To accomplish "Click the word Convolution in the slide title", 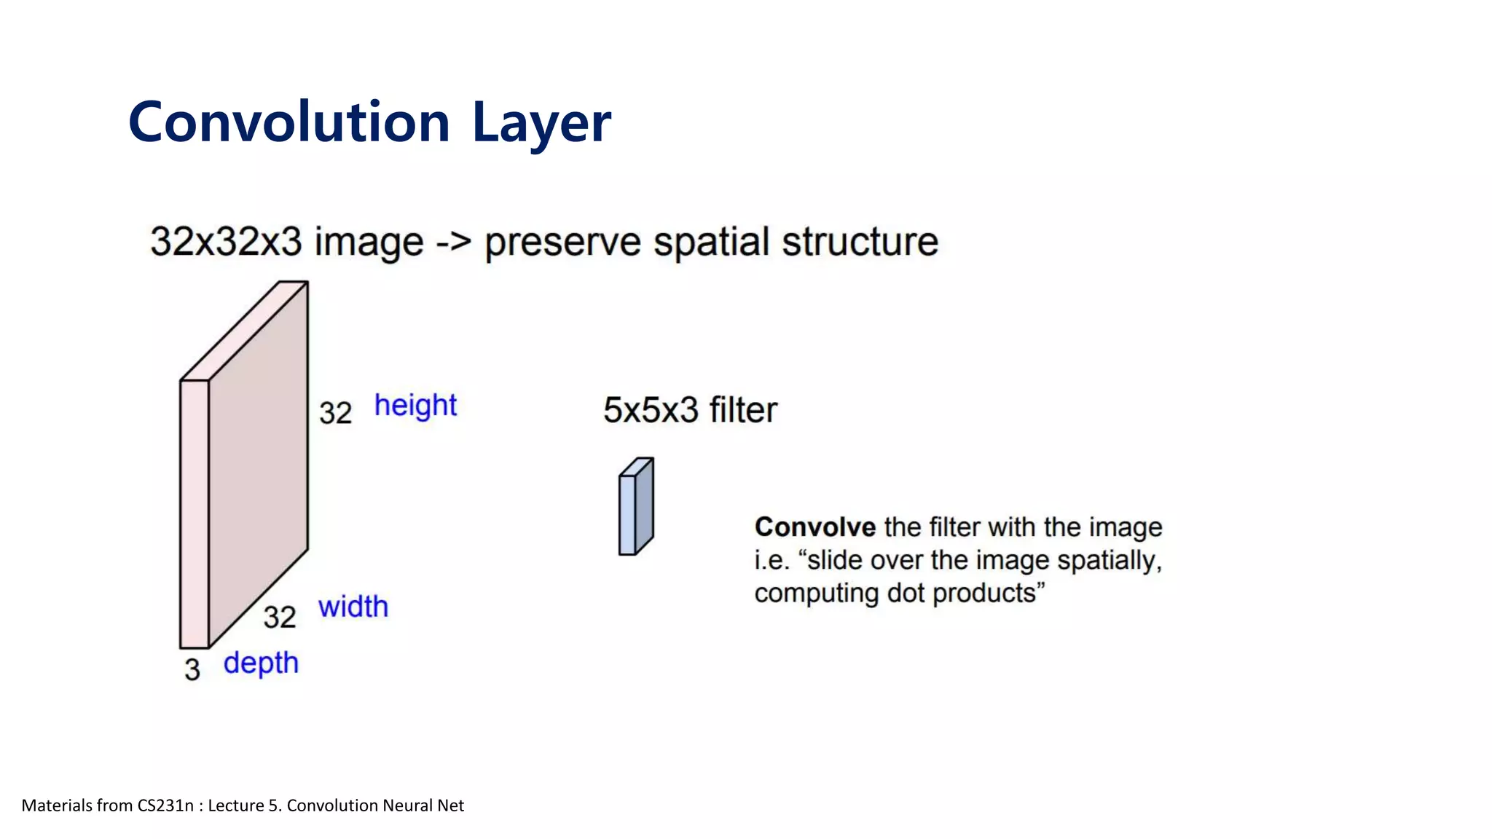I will click(289, 122).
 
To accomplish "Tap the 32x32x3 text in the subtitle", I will click(226, 242).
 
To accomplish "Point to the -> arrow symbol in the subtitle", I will click(453, 242).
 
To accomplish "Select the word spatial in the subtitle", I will click(711, 242).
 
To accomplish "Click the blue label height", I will click(415, 406).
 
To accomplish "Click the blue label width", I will click(353, 607).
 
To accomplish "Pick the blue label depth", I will click(261, 663).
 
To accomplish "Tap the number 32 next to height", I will click(335, 414).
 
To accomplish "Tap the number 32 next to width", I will click(280, 618).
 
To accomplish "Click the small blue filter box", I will click(635, 508).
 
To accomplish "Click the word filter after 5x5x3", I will click(743, 410).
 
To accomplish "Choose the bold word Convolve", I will click(814, 527).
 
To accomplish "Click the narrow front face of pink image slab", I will click(195, 513).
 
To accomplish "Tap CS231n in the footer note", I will click(165, 805).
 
